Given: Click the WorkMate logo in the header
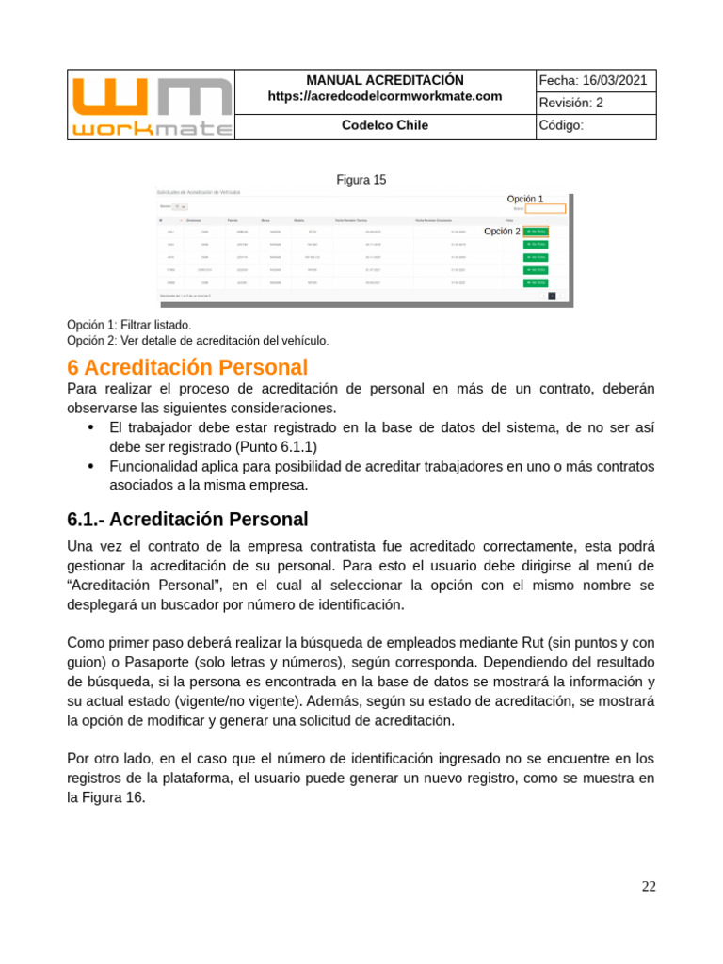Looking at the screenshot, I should coord(151,104).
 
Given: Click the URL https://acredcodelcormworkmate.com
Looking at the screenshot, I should coord(384,96).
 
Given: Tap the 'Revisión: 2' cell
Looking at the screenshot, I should coord(572,104).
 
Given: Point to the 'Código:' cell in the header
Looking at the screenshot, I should coord(562,126).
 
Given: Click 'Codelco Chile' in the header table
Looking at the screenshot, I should coord(384,125).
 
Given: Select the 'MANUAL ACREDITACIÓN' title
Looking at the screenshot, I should coord(384,81).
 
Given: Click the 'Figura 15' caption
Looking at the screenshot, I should coord(361,180).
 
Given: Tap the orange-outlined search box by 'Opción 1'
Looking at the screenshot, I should coord(545,209).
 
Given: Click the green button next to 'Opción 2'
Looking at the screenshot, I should coord(536,232).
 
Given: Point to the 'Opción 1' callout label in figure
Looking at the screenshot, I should coord(524,199).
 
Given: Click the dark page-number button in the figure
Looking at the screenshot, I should coord(552,296).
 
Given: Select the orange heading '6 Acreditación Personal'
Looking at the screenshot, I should coord(187,367).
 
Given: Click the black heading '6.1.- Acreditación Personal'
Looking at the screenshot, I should coord(187,519).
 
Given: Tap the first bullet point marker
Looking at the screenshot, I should coord(91,427).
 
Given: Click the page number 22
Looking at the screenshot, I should coord(649,886).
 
